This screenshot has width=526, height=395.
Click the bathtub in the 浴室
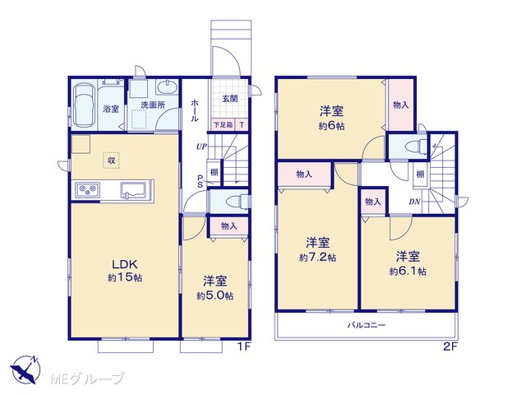(84, 105)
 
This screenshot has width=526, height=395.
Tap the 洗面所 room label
(153, 105)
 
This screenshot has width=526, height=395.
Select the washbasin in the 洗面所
(167, 88)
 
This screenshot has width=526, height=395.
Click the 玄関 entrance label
(230, 99)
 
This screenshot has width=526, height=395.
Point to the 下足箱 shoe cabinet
(224, 125)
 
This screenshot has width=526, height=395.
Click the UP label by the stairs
(201, 146)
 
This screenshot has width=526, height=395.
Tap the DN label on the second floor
(414, 202)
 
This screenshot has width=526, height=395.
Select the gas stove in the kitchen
(88, 190)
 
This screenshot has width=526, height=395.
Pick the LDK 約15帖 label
(125, 271)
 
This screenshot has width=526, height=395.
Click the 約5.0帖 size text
(215, 296)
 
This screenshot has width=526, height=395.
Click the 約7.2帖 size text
(317, 258)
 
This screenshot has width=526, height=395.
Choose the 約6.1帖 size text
(408, 272)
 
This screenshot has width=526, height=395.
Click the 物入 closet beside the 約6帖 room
(401, 105)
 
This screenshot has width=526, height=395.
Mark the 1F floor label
(244, 347)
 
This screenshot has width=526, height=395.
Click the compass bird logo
(25, 369)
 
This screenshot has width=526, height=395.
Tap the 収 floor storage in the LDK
(112, 160)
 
